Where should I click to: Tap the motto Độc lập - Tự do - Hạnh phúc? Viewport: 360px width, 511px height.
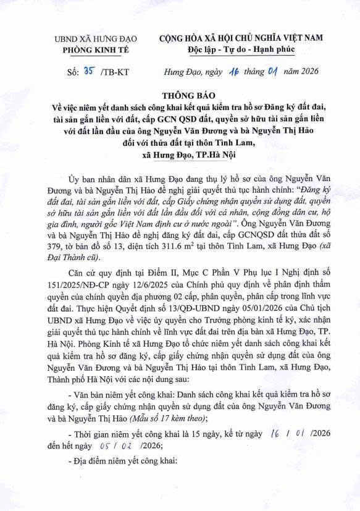coord(241,49)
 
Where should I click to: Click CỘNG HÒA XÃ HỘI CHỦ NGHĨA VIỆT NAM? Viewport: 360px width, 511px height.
coord(241,38)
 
